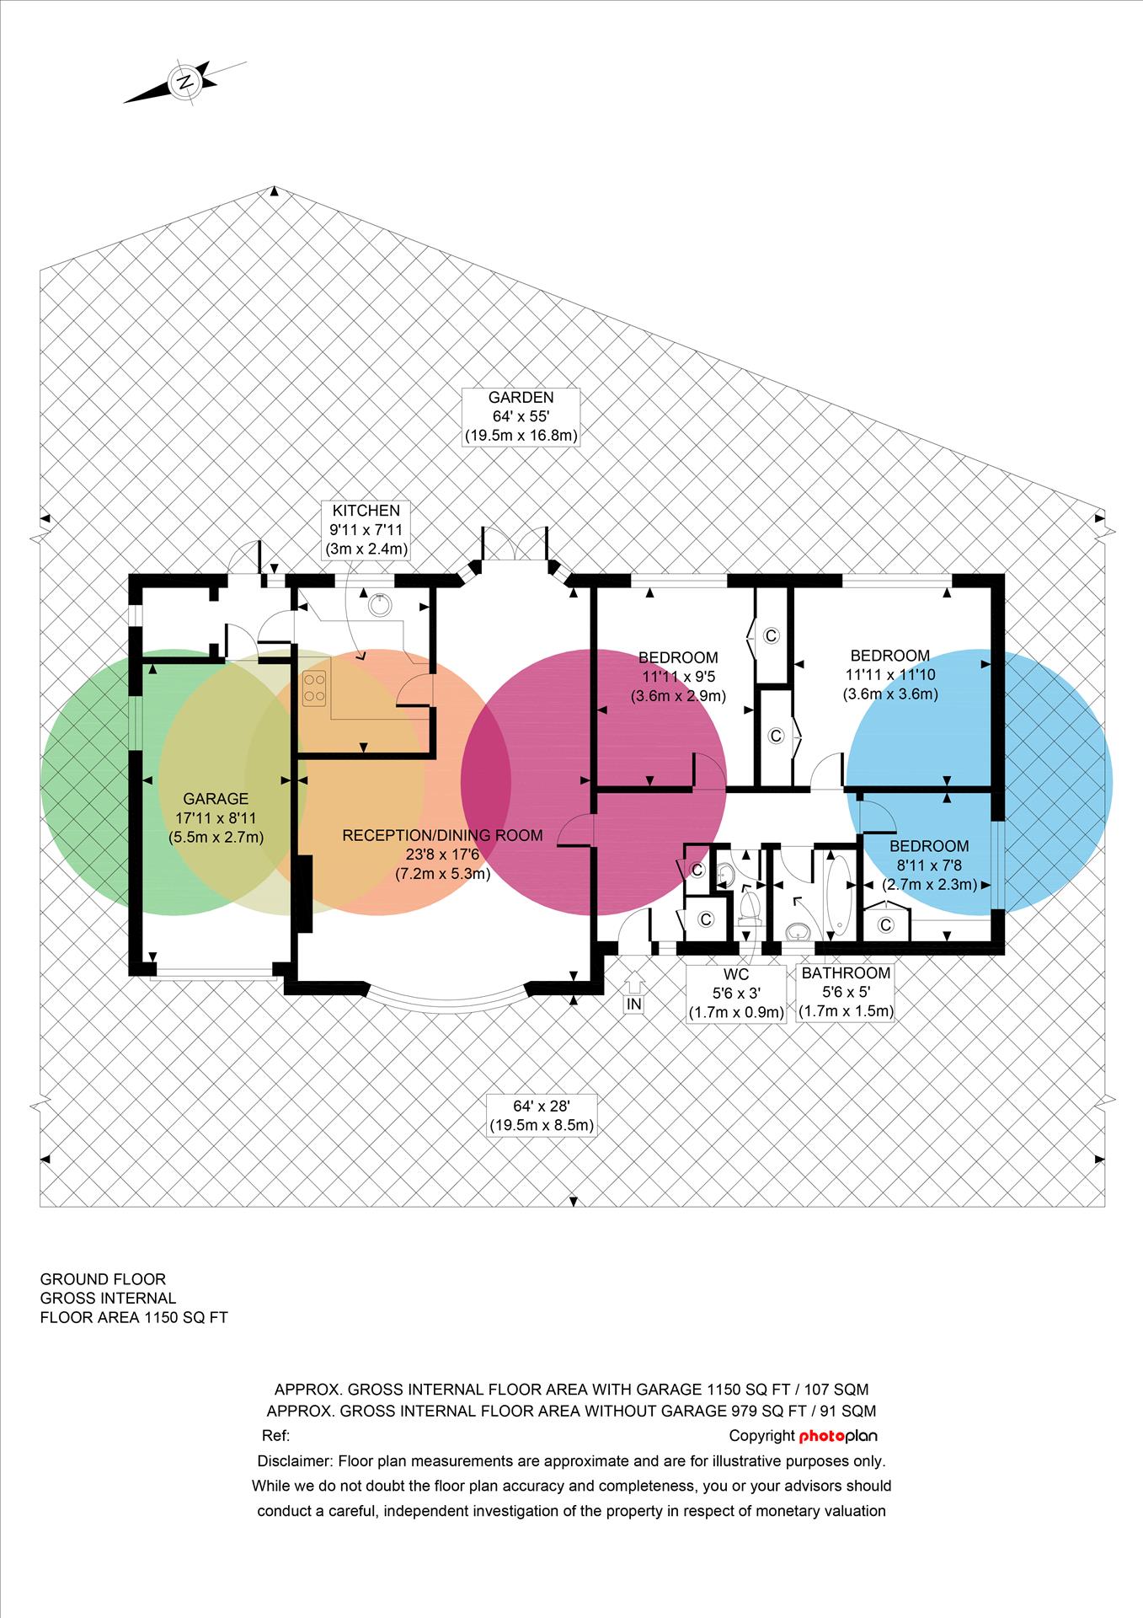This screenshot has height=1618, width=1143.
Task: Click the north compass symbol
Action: click(x=185, y=82)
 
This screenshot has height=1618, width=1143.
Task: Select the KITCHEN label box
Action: click(x=366, y=530)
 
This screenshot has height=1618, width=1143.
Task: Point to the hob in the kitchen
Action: click(x=315, y=688)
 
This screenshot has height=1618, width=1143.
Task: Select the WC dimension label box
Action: click(x=736, y=993)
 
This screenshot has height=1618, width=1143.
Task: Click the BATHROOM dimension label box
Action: click(x=846, y=992)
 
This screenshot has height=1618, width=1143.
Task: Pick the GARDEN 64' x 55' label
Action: click(x=521, y=416)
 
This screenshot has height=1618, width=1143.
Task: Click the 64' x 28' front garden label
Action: click(x=542, y=1114)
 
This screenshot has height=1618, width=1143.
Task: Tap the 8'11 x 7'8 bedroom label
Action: click(x=929, y=865)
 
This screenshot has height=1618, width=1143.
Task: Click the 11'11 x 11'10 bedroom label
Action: click(x=890, y=675)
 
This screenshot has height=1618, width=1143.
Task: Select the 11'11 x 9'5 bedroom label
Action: click(x=678, y=677)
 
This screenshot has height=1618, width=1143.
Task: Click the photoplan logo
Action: click(x=838, y=1435)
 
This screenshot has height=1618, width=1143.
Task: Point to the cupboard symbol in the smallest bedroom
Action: click(x=885, y=925)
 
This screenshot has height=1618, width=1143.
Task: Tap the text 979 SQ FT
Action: click(x=765, y=1411)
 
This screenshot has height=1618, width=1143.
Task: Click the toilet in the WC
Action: click(x=747, y=906)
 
